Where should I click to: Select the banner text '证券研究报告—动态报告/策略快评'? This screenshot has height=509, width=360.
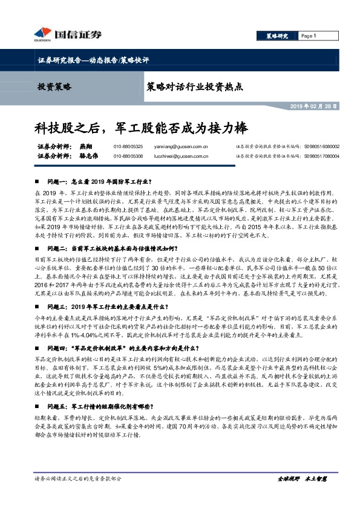tap(90, 60)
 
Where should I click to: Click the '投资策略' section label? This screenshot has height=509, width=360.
tap(55, 86)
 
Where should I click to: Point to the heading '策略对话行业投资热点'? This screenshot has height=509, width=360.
tap(195, 86)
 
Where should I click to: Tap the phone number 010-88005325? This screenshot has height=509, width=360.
tap(128, 146)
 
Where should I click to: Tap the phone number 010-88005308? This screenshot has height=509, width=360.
tap(128, 155)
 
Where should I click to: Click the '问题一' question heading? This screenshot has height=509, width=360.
tap(100, 181)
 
